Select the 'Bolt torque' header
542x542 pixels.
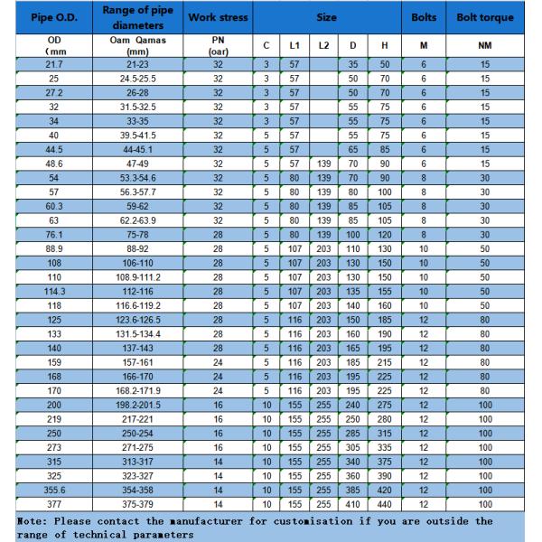(x=484, y=17)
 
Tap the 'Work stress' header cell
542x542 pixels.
(x=218, y=17)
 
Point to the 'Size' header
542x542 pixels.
(x=327, y=17)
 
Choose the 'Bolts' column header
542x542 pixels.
(x=424, y=17)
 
